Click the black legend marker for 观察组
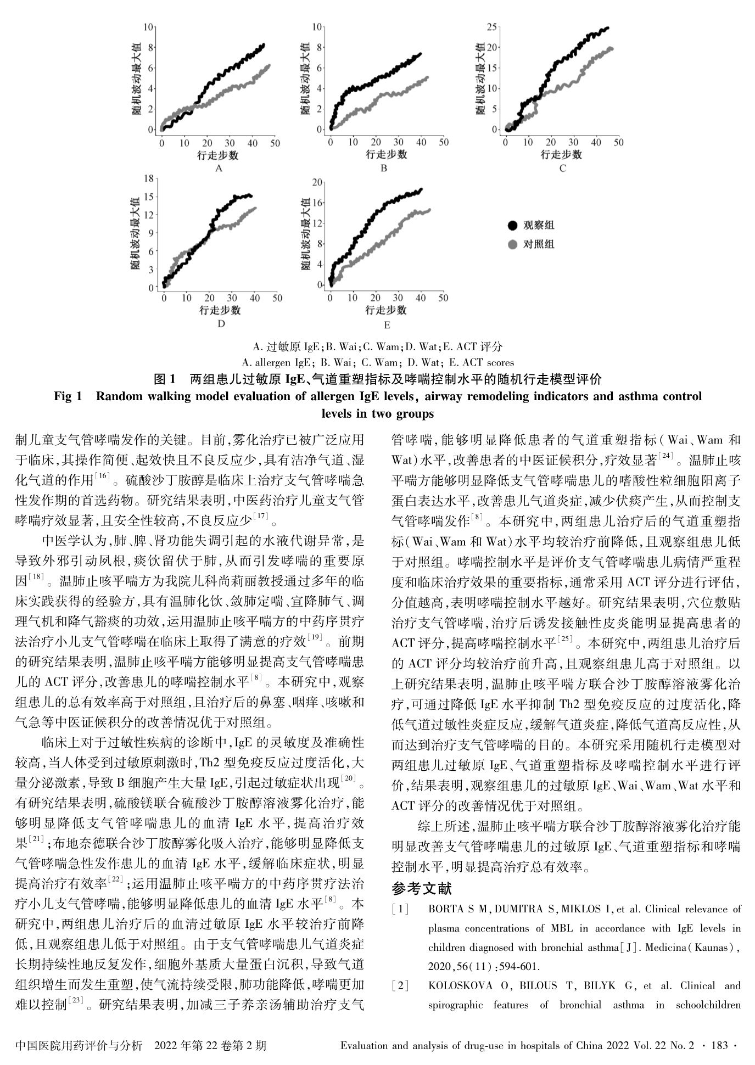[x=513, y=226]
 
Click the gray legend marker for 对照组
[x=513, y=244]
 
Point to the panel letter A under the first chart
[x=219, y=169]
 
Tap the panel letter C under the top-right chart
[x=562, y=169]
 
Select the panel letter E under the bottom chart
[x=387, y=326]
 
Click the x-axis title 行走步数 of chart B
[x=387, y=154]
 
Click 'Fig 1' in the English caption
[x=68, y=396]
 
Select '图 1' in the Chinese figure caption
[x=164, y=379]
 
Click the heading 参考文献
[x=422, y=888]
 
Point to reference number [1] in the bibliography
[x=400, y=909]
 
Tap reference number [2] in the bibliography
[x=400, y=985]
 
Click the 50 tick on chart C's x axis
[x=619, y=143]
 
